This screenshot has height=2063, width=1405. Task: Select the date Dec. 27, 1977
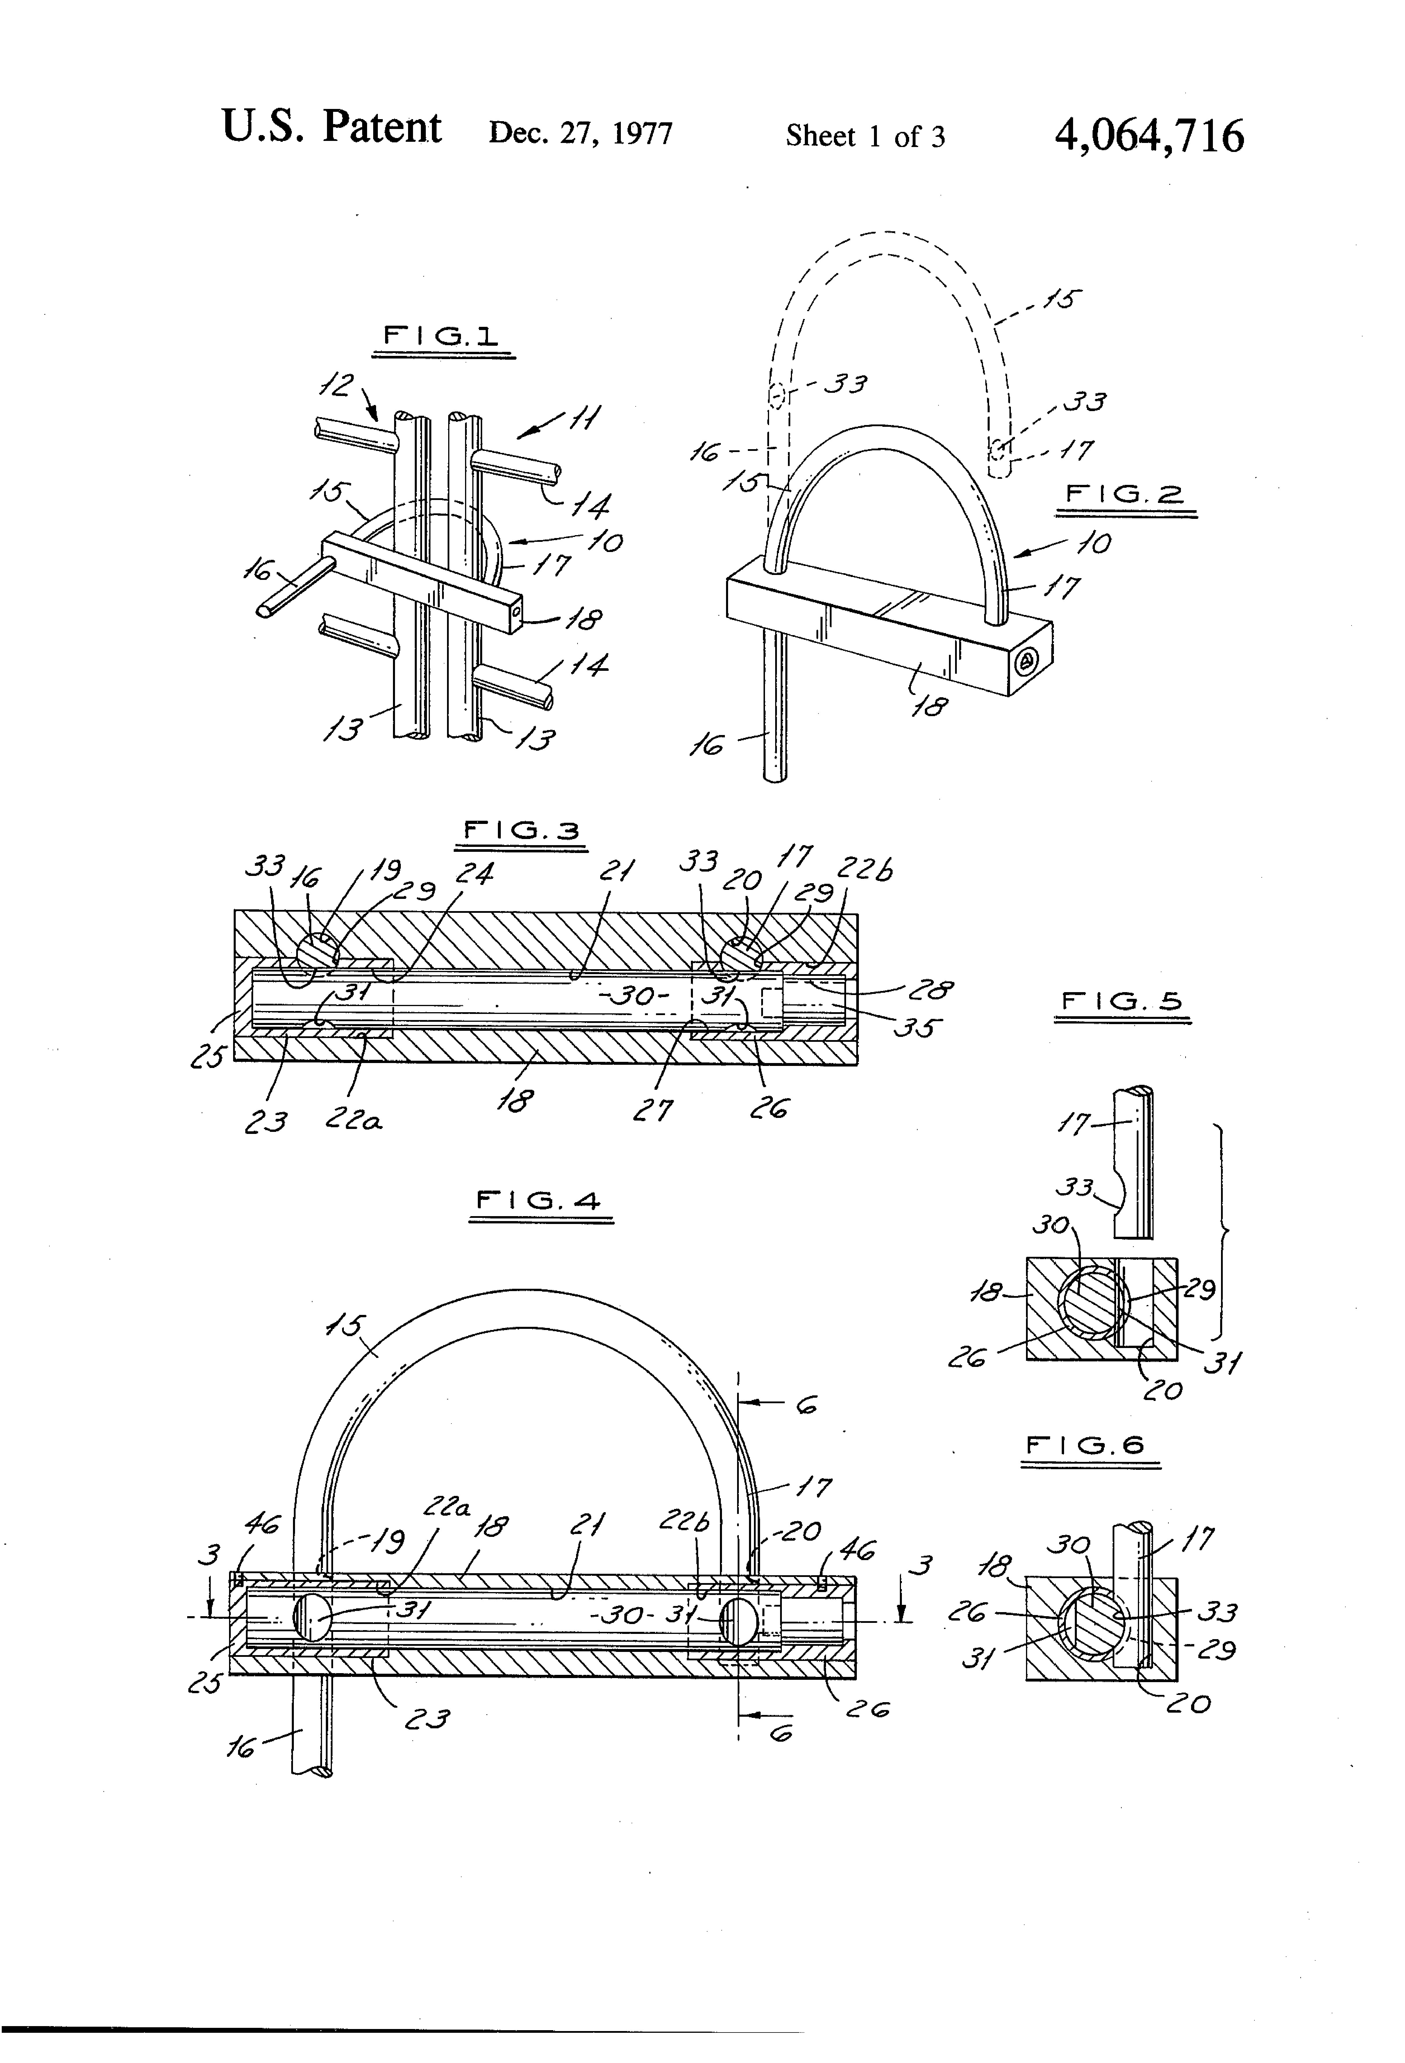coord(581,134)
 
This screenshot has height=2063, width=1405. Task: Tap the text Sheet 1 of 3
coord(865,136)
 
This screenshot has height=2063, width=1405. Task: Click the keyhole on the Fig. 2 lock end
coord(1027,659)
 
